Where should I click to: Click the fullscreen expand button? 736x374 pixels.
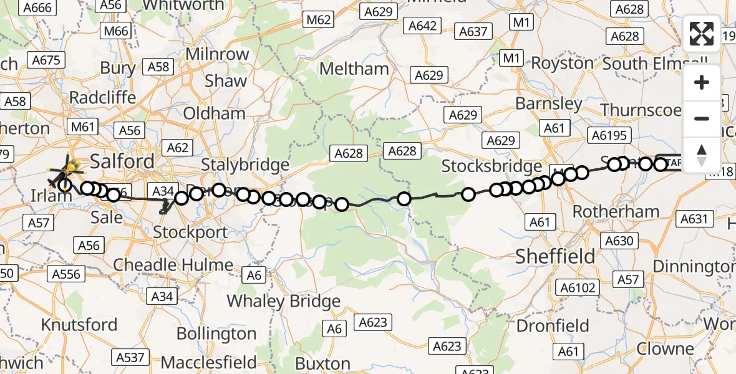tap(702, 34)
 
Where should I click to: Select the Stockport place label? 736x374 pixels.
tap(190, 233)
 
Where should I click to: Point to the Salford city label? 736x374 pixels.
tap(122, 162)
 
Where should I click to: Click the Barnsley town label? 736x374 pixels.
tap(549, 103)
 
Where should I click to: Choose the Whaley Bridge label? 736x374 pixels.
tap(283, 302)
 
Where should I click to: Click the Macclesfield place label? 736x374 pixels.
tap(208, 362)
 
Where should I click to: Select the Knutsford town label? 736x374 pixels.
tap(79, 325)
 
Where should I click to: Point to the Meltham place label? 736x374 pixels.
tap(356, 69)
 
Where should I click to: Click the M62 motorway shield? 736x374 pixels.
tap(318, 21)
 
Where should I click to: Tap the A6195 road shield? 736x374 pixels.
tap(611, 136)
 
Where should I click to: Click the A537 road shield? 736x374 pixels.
tap(130, 357)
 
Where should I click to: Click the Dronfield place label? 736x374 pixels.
tap(553, 326)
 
